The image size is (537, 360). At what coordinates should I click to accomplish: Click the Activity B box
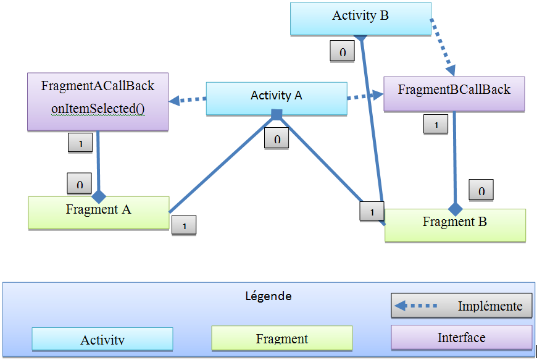360,17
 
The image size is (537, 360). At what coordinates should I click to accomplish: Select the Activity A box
276,96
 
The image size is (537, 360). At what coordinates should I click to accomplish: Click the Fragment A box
99,211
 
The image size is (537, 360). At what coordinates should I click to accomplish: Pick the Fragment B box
455,224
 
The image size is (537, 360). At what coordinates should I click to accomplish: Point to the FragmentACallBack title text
98,86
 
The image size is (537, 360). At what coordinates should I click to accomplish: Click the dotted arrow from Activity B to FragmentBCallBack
442,46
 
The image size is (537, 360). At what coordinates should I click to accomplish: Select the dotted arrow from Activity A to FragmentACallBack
188,99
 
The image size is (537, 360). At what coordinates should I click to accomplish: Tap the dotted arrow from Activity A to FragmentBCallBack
365,96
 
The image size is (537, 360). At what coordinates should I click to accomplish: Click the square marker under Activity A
277,114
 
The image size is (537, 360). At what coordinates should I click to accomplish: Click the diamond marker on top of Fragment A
99,196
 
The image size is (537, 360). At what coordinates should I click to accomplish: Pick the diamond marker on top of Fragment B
455,209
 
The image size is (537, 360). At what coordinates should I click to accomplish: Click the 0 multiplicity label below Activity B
342,52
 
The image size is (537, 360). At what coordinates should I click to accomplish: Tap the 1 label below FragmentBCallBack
436,125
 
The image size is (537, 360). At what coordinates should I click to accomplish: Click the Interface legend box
461,338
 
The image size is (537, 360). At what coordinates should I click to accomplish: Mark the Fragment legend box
281,338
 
